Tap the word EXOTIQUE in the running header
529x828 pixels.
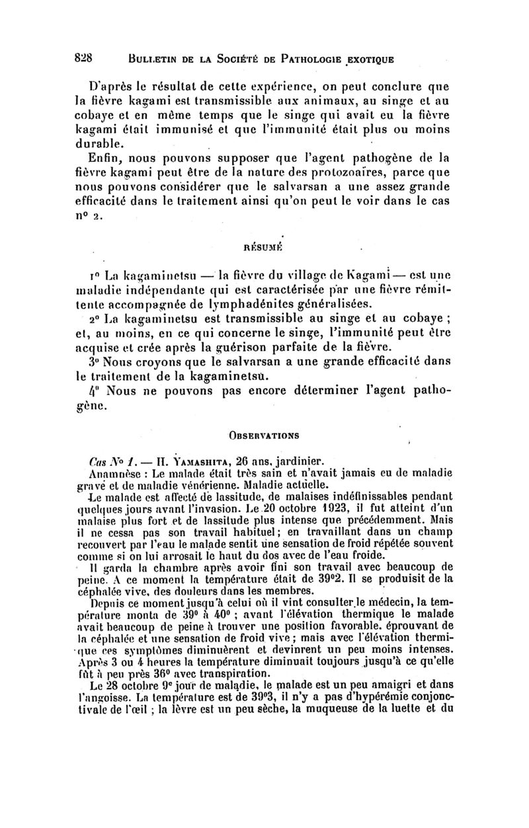tap(364, 58)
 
